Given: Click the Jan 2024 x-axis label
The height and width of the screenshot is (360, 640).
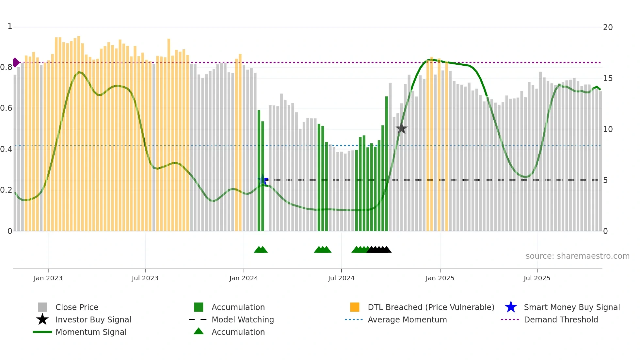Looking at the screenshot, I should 244,278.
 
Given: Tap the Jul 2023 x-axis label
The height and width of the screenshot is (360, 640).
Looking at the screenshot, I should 145,278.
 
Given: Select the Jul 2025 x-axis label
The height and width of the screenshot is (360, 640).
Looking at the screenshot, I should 537,278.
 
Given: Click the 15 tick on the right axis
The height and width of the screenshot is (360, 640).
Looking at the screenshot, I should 608,78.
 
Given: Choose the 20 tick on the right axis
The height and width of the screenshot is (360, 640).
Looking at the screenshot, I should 608,27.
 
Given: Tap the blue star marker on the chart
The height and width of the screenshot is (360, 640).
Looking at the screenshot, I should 263,180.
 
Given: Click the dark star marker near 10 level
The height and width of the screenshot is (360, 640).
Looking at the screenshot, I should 401,129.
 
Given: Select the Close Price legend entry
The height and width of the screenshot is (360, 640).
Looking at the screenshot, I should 77,307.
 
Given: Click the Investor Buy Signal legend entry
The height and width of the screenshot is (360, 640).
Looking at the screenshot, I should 93,319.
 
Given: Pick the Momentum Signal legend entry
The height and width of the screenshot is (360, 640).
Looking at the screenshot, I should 91,332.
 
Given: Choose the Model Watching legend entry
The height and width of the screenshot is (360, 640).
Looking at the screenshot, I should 242,319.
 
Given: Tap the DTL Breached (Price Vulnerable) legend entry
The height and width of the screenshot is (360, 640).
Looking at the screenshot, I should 431,307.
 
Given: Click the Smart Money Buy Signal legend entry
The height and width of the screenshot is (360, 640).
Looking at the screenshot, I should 571,307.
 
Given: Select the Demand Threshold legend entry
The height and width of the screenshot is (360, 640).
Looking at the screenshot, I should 561,319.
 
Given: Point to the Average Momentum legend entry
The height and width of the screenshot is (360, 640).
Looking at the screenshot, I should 407,319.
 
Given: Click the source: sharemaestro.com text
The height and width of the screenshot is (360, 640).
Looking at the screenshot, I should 577,256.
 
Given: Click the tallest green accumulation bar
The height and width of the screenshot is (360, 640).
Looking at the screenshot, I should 387,163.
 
